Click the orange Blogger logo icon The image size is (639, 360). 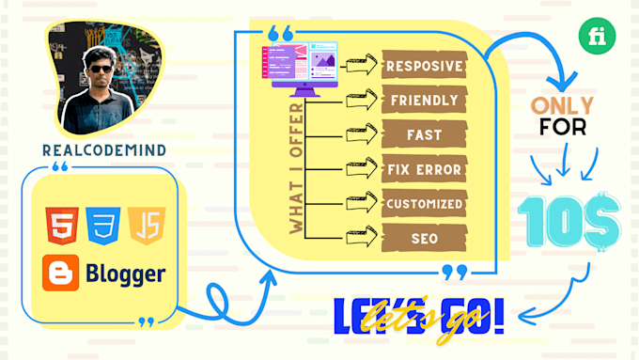click(61, 274)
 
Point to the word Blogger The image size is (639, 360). click(125, 274)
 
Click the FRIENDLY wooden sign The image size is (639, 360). click(423, 100)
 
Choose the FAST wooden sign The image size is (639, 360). click(424, 134)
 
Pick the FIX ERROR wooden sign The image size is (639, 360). click(424, 169)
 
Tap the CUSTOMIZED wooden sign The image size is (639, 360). click(424, 203)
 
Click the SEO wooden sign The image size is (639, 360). click(424, 238)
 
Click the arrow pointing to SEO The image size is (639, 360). click(361, 238)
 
